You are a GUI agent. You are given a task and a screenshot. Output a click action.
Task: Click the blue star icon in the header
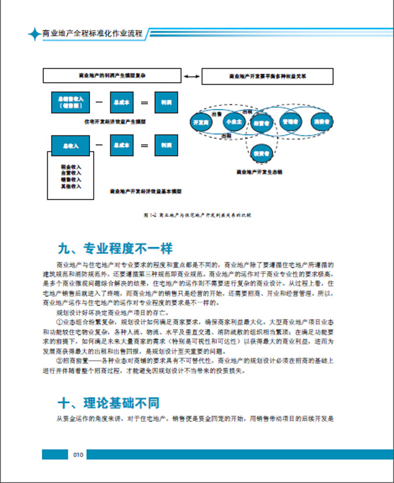click(34, 34)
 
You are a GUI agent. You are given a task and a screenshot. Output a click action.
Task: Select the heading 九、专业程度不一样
click(115, 247)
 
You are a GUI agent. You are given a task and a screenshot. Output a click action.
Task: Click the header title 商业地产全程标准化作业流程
click(93, 34)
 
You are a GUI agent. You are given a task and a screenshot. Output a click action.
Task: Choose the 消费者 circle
click(321, 121)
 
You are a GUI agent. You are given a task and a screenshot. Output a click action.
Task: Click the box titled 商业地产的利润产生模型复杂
click(113, 76)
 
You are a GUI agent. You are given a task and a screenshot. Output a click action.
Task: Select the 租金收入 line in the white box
click(71, 167)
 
